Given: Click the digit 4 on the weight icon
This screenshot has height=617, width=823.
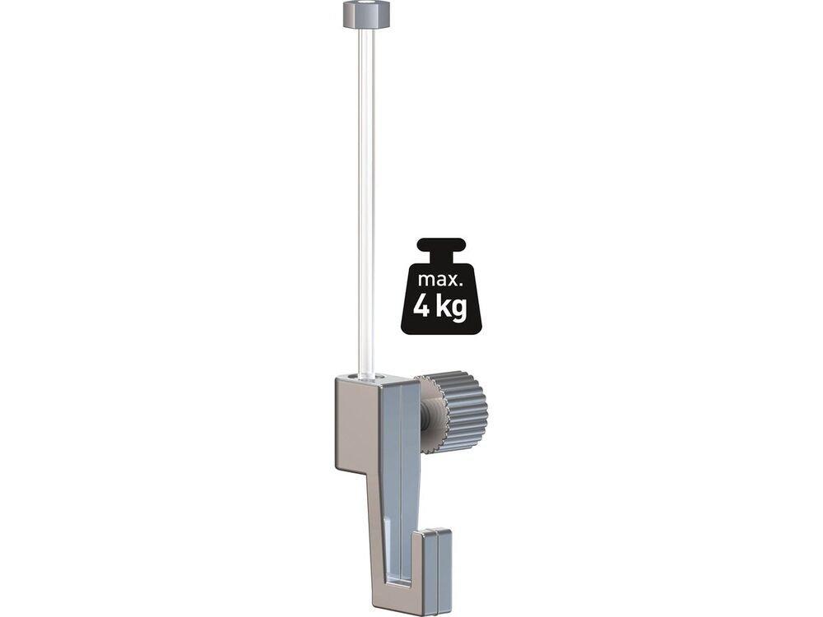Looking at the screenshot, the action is click(421, 306).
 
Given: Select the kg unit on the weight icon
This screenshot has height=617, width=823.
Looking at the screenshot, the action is click(451, 308).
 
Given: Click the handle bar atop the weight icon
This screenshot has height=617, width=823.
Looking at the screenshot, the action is click(441, 245).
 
